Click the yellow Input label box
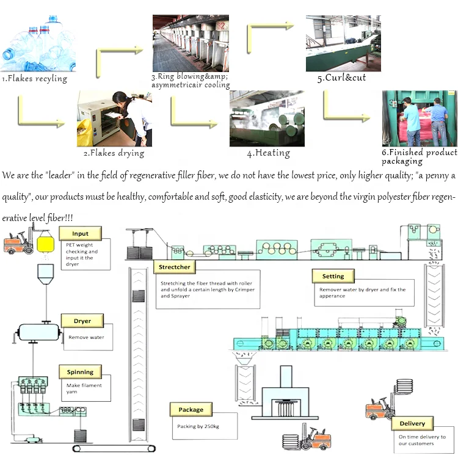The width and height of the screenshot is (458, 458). coord(80,233)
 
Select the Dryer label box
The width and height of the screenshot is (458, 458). coord(82,321)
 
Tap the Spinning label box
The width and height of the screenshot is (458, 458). coord(80,371)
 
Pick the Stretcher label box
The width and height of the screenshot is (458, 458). coord(175,267)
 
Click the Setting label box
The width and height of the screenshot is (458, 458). coord(333,276)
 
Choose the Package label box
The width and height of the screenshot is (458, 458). coord(191,409)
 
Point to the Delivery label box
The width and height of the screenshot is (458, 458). coord(412,423)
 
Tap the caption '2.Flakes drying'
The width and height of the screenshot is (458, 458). coord(114,153)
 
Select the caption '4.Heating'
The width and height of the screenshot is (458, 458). coord(268,153)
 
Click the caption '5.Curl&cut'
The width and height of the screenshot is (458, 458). coord(341,78)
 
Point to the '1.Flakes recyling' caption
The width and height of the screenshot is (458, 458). coord(34,78)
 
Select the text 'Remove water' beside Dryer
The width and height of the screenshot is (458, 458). coord(85,337)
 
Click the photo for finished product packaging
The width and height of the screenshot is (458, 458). coord(419,118)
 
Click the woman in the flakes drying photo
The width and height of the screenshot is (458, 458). coord(135,119)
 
